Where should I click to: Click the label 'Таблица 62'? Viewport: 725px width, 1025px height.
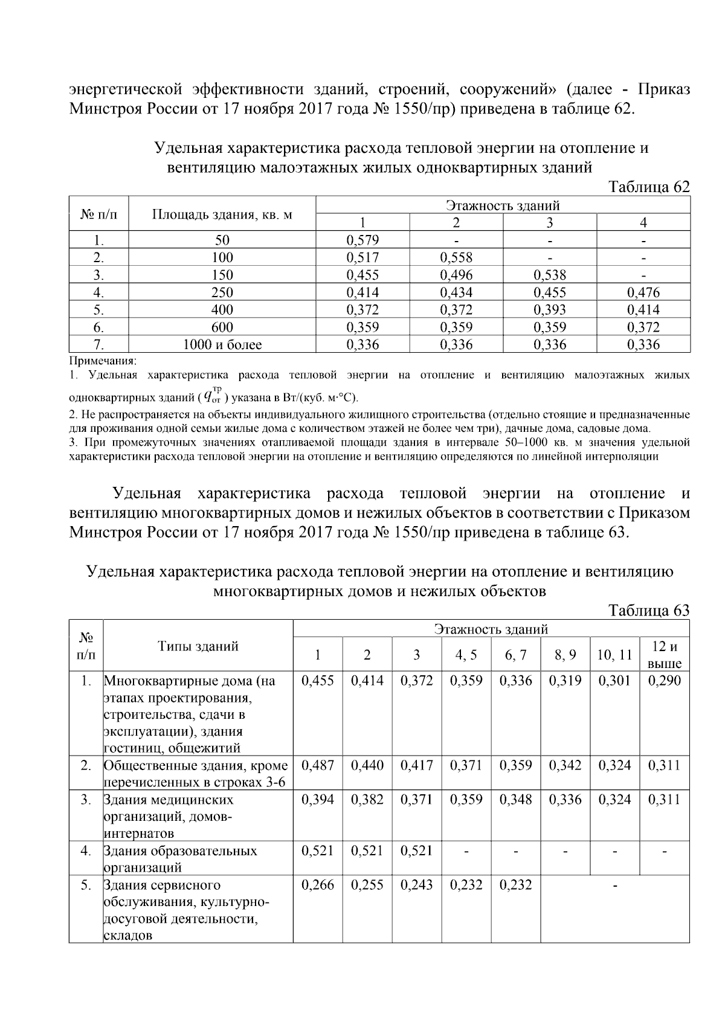pyautogui.click(x=649, y=187)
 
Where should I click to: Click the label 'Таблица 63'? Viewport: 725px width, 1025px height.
pyautogui.click(x=649, y=611)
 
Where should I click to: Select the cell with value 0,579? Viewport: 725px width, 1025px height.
pyautogui.click(x=362, y=240)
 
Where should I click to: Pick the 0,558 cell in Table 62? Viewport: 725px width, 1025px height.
pyautogui.click(x=456, y=257)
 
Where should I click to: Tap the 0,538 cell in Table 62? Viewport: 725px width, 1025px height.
pyautogui.click(x=550, y=275)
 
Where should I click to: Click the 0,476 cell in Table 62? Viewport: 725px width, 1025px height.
pyautogui.click(x=643, y=292)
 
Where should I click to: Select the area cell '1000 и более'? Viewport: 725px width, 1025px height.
pyautogui.click(x=222, y=345)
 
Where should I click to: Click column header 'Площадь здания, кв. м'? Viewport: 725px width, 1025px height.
pyautogui.click(x=222, y=214)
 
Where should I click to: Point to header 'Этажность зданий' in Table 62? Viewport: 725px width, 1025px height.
pyautogui.click(x=503, y=205)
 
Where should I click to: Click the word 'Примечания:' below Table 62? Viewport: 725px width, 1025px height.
pyautogui.click(x=103, y=361)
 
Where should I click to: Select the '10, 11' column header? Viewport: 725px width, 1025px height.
pyautogui.click(x=614, y=655)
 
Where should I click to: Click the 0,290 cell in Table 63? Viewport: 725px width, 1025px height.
pyautogui.click(x=665, y=681)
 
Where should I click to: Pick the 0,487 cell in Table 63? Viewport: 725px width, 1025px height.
pyautogui.click(x=318, y=765)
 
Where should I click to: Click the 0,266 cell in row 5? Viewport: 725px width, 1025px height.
pyautogui.click(x=318, y=885)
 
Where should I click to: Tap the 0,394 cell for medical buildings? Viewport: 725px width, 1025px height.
pyautogui.click(x=318, y=800)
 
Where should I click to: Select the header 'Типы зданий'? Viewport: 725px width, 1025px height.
pyautogui.click(x=198, y=646)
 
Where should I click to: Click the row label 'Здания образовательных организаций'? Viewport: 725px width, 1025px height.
pyautogui.click(x=180, y=859)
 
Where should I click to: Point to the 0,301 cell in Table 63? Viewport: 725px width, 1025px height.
pyautogui.click(x=614, y=681)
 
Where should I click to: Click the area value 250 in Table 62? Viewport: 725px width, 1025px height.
pyautogui.click(x=222, y=292)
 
